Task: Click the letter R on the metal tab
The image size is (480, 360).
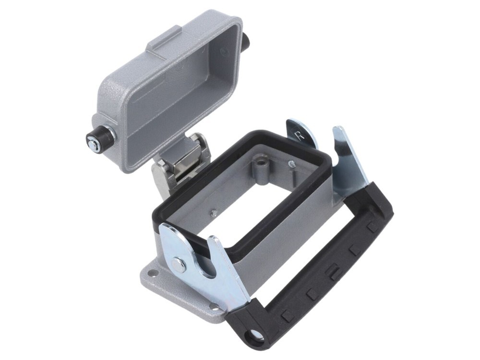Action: coord(299,135)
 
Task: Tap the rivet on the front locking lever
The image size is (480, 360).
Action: coord(179,263)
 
